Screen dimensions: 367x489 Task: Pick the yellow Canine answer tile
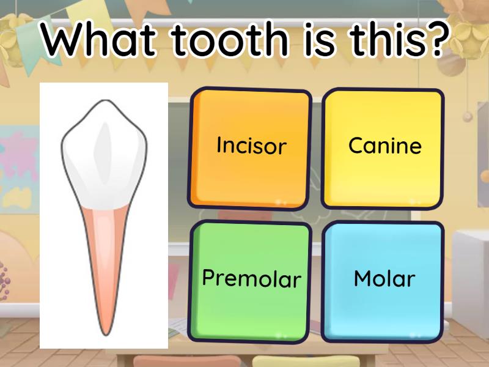pos(383,147)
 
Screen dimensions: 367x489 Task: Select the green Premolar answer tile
pos(251,280)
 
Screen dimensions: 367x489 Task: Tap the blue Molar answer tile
pos(383,280)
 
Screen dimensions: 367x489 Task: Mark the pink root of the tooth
pos(104,257)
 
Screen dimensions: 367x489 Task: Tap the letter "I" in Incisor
pos(219,145)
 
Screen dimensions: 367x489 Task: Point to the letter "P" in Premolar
pos(209,278)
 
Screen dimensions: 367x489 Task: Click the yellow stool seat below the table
pos(287,361)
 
